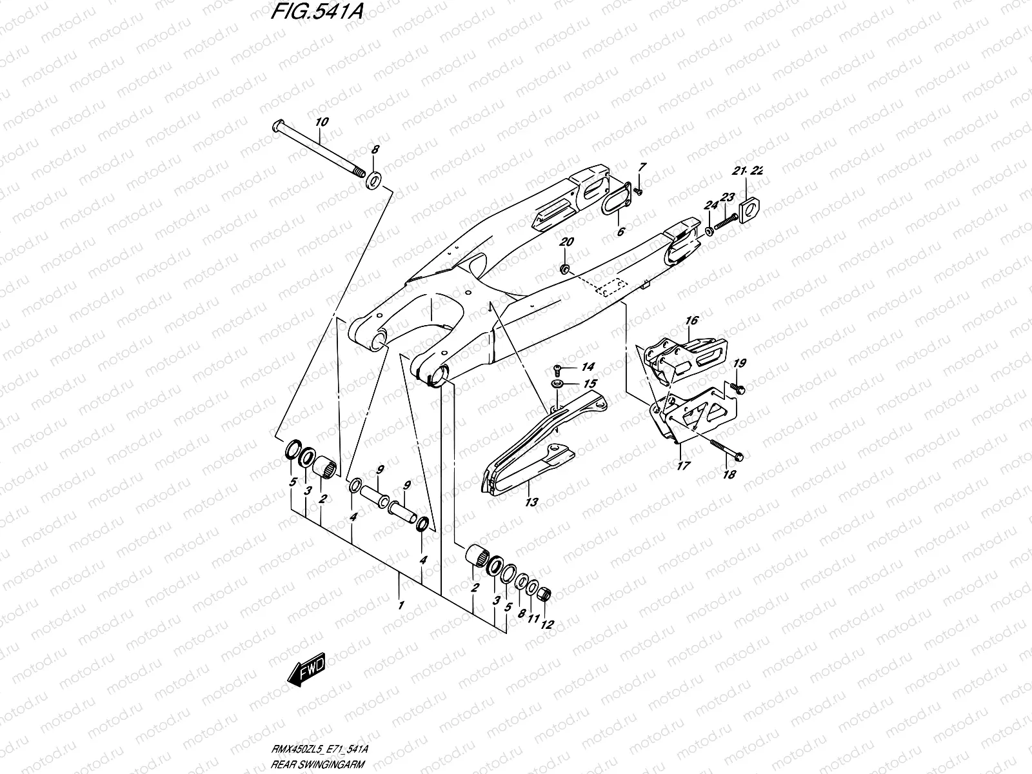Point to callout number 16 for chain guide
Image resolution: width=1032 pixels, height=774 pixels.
(x=692, y=320)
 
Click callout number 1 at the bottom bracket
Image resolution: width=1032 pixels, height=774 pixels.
(x=401, y=606)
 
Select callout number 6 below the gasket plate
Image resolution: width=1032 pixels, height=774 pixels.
(x=620, y=231)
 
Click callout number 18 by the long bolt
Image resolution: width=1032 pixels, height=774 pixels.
(x=729, y=475)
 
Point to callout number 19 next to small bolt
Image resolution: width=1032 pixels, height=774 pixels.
(x=739, y=364)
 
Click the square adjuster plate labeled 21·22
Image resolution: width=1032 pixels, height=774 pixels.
(x=751, y=210)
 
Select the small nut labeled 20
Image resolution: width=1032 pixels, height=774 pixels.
(x=565, y=269)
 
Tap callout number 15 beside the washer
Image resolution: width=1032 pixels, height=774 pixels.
(x=590, y=384)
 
